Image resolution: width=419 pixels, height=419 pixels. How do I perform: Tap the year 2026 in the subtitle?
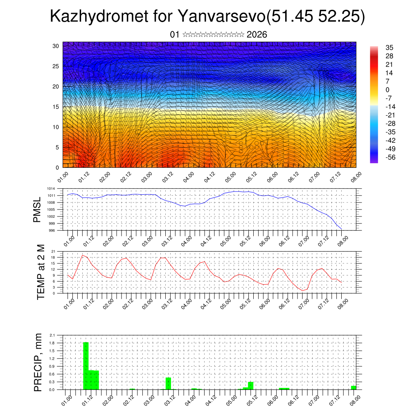pyautogui.click(x=257, y=35)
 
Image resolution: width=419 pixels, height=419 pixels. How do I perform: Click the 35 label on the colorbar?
pyautogui.click(x=390, y=48)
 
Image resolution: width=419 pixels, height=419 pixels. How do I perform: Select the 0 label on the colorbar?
pyautogui.click(x=387, y=90)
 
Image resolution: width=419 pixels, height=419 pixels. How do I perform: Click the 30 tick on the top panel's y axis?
pyautogui.click(x=56, y=46)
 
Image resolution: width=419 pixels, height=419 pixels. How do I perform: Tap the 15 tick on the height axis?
pyautogui.click(x=56, y=107)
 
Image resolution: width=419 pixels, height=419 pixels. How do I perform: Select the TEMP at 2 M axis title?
pyautogui.click(x=41, y=272)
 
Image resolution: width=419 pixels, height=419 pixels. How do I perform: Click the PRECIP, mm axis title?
pyautogui.click(x=38, y=362)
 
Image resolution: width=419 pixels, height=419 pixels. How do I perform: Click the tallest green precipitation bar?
pyautogui.click(x=86, y=366)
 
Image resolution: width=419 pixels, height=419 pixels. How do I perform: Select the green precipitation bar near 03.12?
pyautogui.click(x=168, y=383)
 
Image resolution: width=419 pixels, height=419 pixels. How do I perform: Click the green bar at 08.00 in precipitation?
pyautogui.click(x=354, y=387)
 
